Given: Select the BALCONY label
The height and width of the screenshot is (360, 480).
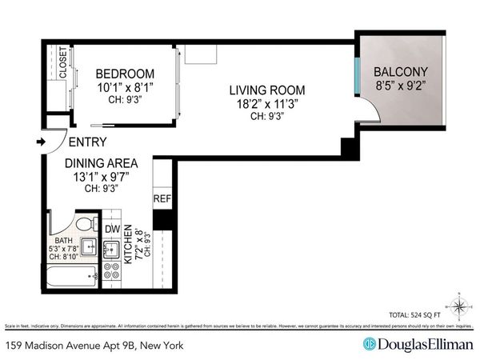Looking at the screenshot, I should (x=402, y=70).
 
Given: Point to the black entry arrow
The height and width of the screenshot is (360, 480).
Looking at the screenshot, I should (x=42, y=142).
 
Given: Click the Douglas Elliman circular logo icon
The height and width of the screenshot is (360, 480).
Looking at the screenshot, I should (x=370, y=344).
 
